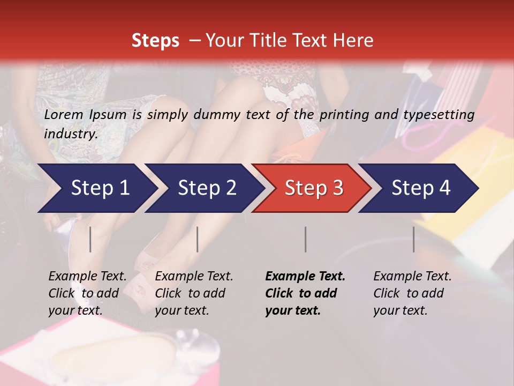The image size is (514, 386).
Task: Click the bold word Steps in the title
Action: tap(155, 41)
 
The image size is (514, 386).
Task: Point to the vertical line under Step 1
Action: tap(90, 239)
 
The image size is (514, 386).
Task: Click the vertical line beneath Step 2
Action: tap(198, 239)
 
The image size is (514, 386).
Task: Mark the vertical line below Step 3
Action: tap(305, 239)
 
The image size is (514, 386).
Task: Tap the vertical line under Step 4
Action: tap(413, 239)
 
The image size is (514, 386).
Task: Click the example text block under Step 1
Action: tap(87, 293)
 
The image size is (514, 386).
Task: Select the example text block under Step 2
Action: tap(194, 293)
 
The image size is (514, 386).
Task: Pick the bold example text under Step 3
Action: tap(305, 293)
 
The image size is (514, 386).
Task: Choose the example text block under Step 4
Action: tap(412, 293)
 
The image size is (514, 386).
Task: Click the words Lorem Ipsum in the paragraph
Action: tap(85, 114)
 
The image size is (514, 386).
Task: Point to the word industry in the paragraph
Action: tap(71, 133)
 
